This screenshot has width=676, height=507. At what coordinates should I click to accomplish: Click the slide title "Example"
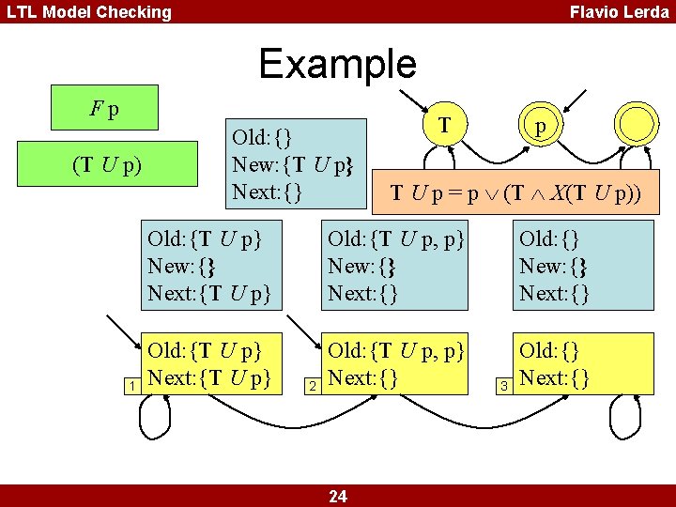pyautogui.click(x=337, y=64)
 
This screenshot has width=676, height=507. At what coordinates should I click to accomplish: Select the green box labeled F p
pyautogui.click(x=103, y=108)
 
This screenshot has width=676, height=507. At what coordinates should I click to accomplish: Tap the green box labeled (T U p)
pyautogui.click(x=107, y=166)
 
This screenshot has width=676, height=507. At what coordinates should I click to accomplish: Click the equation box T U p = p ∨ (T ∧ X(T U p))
pyautogui.click(x=515, y=194)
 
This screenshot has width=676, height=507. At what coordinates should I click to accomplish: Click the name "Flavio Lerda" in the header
pyautogui.click(x=620, y=12)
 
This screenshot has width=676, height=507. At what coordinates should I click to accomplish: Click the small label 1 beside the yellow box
pyautogui.click(x=134, y=386)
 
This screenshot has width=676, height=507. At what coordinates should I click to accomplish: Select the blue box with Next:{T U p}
pyautogui.click(x=210, y=267)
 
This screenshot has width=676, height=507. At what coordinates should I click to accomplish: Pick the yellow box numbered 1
pyautogui.click(x=210, y=364)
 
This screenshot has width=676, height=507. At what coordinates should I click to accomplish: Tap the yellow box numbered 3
pyautogui.click(x=584, y=364)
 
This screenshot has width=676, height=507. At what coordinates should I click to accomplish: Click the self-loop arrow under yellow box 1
pyautogui.click(x=164, y=412)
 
